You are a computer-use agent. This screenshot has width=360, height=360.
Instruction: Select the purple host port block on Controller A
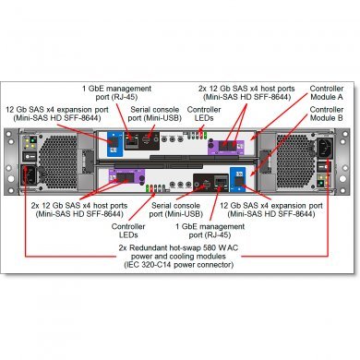pos(227,145)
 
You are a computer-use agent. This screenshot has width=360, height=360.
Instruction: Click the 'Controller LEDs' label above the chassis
pos(204,114)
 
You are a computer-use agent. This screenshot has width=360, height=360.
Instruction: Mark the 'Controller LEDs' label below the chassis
pos(129,227)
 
